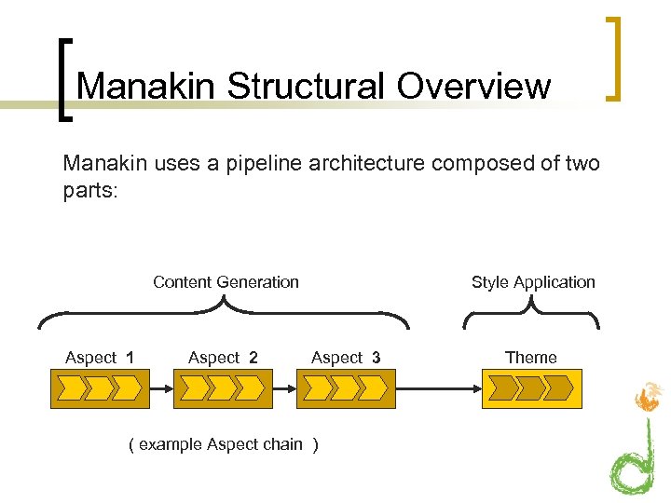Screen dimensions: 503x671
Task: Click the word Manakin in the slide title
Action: (146, 86)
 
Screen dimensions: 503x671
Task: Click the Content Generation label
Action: (226, 282)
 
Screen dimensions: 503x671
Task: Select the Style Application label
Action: (533, 282)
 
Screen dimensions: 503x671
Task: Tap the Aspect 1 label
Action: (99, 358)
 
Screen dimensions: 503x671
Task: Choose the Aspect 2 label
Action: (223, 358)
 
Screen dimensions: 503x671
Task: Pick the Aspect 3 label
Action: (346, 358)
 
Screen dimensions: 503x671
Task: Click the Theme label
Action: (530, 358)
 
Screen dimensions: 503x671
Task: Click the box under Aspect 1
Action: (99, 388)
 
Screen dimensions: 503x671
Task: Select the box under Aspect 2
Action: (223, 388)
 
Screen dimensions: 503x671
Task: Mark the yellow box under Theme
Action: (531, 388)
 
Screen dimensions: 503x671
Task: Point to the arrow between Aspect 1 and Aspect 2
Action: (160, 388)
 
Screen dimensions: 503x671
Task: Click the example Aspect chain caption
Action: (223, 444)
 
